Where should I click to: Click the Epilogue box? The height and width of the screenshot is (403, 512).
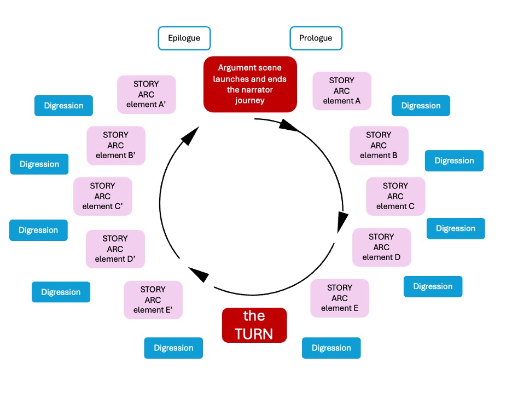[x=184, y=38]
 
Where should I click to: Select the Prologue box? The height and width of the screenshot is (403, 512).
[x=316, y=38]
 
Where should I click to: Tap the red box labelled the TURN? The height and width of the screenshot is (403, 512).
[x=254, y=325]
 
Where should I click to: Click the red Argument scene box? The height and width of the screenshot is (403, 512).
[x=250, y=84]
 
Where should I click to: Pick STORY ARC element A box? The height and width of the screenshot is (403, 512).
[x=342, y=90]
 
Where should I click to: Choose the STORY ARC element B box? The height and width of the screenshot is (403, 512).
[x=379, y=145]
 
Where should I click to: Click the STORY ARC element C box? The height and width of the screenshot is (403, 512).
[x=395, y=196]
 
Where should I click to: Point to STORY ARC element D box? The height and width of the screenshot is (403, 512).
[x=381, y=247]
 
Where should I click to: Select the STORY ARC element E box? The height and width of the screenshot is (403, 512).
[x=340, y=298]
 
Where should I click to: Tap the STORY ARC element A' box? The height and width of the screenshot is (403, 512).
[x=147, y=94]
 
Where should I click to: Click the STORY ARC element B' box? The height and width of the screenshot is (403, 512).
[x=116, y=145]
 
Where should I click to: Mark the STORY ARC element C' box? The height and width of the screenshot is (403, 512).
[x=102, y=196]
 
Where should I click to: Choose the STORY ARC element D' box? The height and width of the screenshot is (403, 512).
[x=115, y=249]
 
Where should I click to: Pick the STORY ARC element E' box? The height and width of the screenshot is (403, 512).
[x=153, y=300]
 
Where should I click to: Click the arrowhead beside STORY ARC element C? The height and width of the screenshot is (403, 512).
[x=342, y=220]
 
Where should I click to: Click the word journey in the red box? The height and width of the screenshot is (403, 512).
[x=250, y=100]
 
